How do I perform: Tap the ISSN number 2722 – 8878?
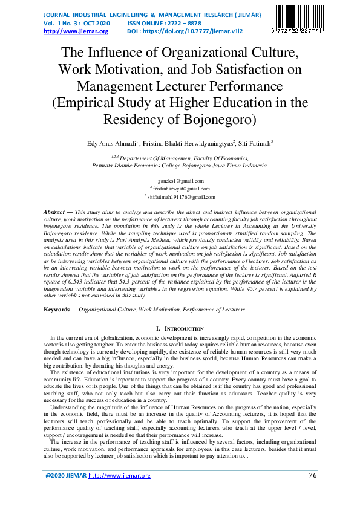[x=184, y=22]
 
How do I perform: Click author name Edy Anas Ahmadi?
[x=113, y=144]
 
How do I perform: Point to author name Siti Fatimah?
[x=254, y=144]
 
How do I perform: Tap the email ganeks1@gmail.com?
[x=181, y=181]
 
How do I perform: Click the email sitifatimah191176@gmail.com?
[x=181, y=197]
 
